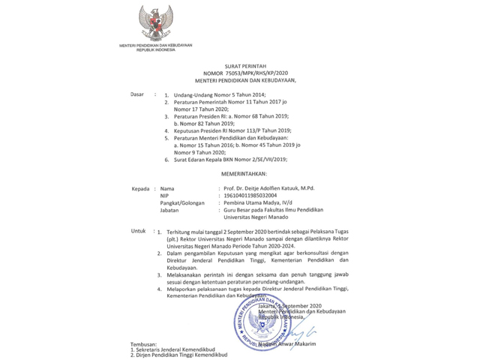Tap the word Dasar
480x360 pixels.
point(137,94)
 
